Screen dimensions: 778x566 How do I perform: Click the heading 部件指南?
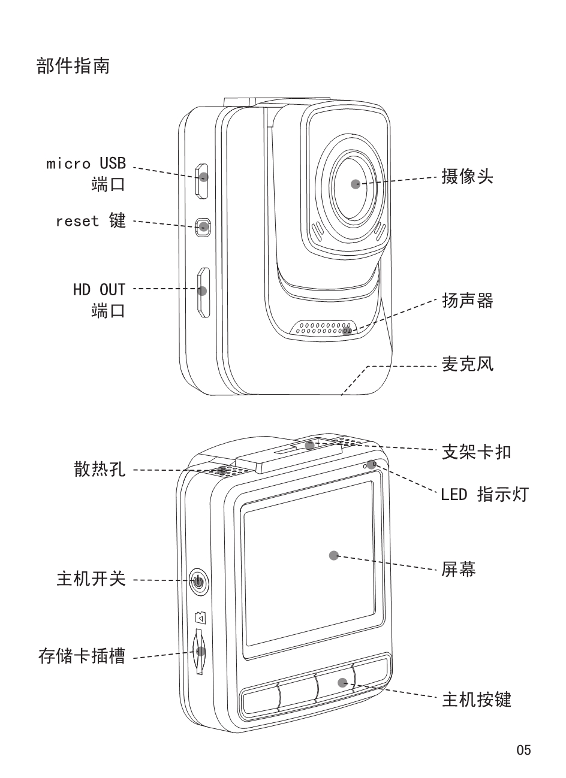click(73, 66)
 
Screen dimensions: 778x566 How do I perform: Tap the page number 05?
click(523, 750)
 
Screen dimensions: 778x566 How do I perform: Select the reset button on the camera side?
click(204, 226)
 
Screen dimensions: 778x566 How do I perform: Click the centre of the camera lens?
click(356, 183)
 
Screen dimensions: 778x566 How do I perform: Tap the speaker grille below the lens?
click(324, 328)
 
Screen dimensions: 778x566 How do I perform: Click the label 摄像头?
click(467, 177)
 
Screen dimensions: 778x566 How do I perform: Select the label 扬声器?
click(467, 301)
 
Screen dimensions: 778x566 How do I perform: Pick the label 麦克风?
click(467, 364)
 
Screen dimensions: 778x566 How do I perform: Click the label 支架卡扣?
click(476, 452)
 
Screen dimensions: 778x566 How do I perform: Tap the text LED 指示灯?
click(484, 495)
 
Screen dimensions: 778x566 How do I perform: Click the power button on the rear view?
click(198, 580)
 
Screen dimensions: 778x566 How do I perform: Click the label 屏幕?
click(459, 570)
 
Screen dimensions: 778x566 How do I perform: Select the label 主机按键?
click(476, 700)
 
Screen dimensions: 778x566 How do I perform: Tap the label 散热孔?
click(100, 470)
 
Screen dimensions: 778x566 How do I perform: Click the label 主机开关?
click(91, 579)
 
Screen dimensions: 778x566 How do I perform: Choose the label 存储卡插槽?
click(82, 657)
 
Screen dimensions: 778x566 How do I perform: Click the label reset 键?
click(91, 221)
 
